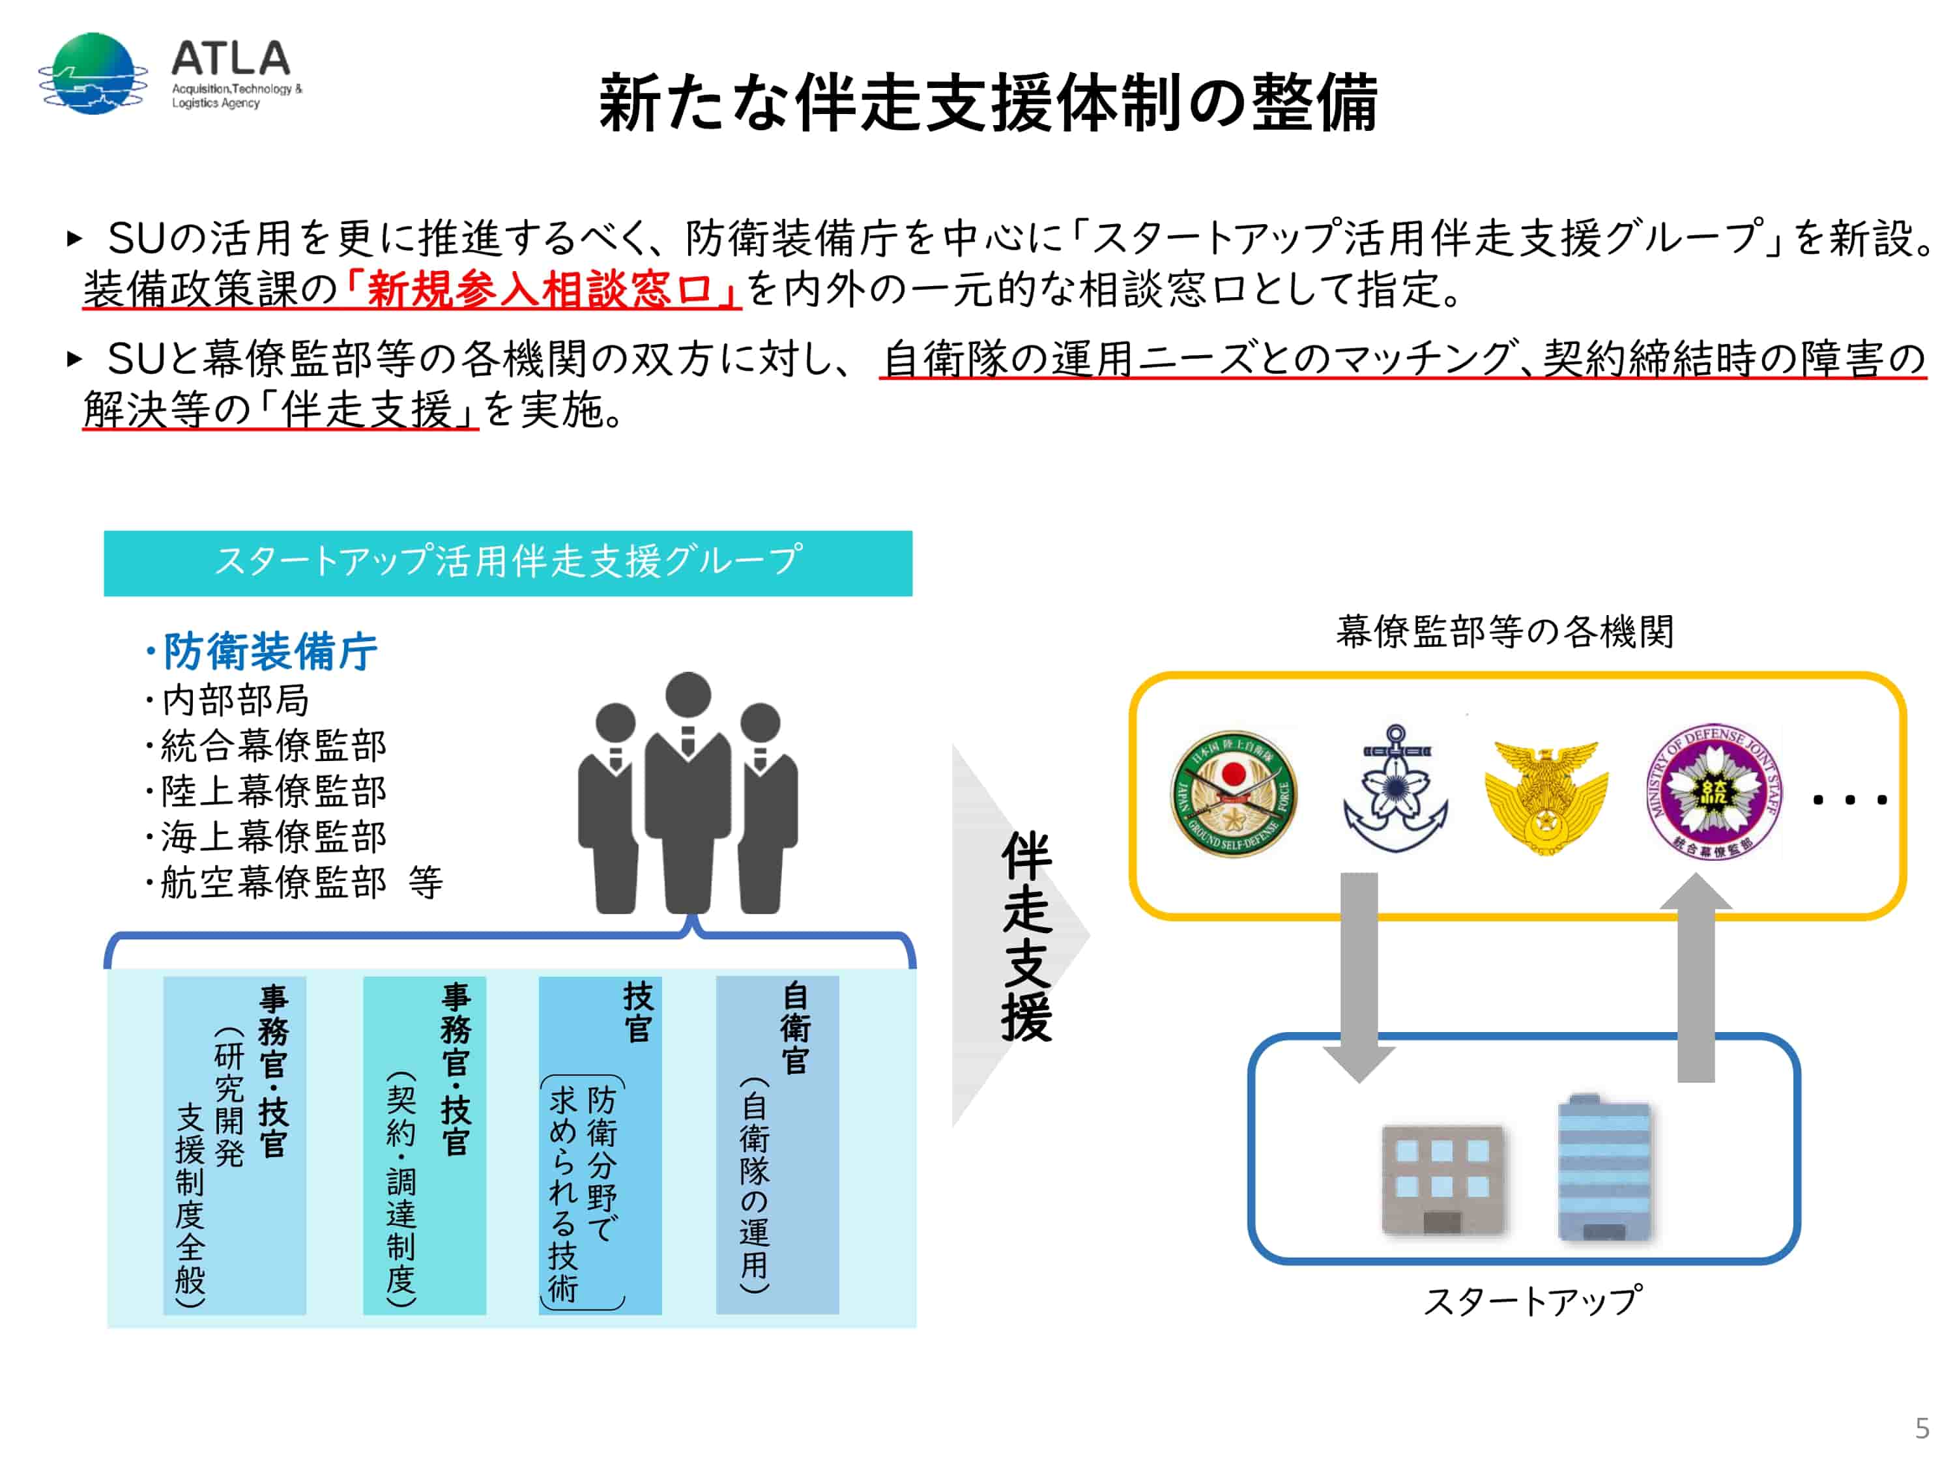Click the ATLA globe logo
(93, 74)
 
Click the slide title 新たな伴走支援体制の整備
(987, 104)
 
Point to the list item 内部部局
(234, 700)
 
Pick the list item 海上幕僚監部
(272, 836)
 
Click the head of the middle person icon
(688, 695)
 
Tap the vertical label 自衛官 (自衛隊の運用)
(776, 1143)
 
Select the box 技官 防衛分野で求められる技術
(600, 1143)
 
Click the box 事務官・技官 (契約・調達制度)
(424, 1143)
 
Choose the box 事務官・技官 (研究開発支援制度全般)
(234, 1143)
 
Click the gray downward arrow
(1359, 972)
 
